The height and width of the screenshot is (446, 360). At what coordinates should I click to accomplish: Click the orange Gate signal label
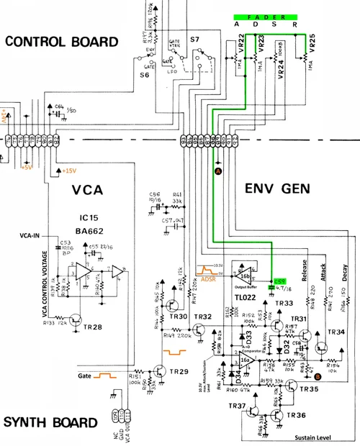coord(89,375)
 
